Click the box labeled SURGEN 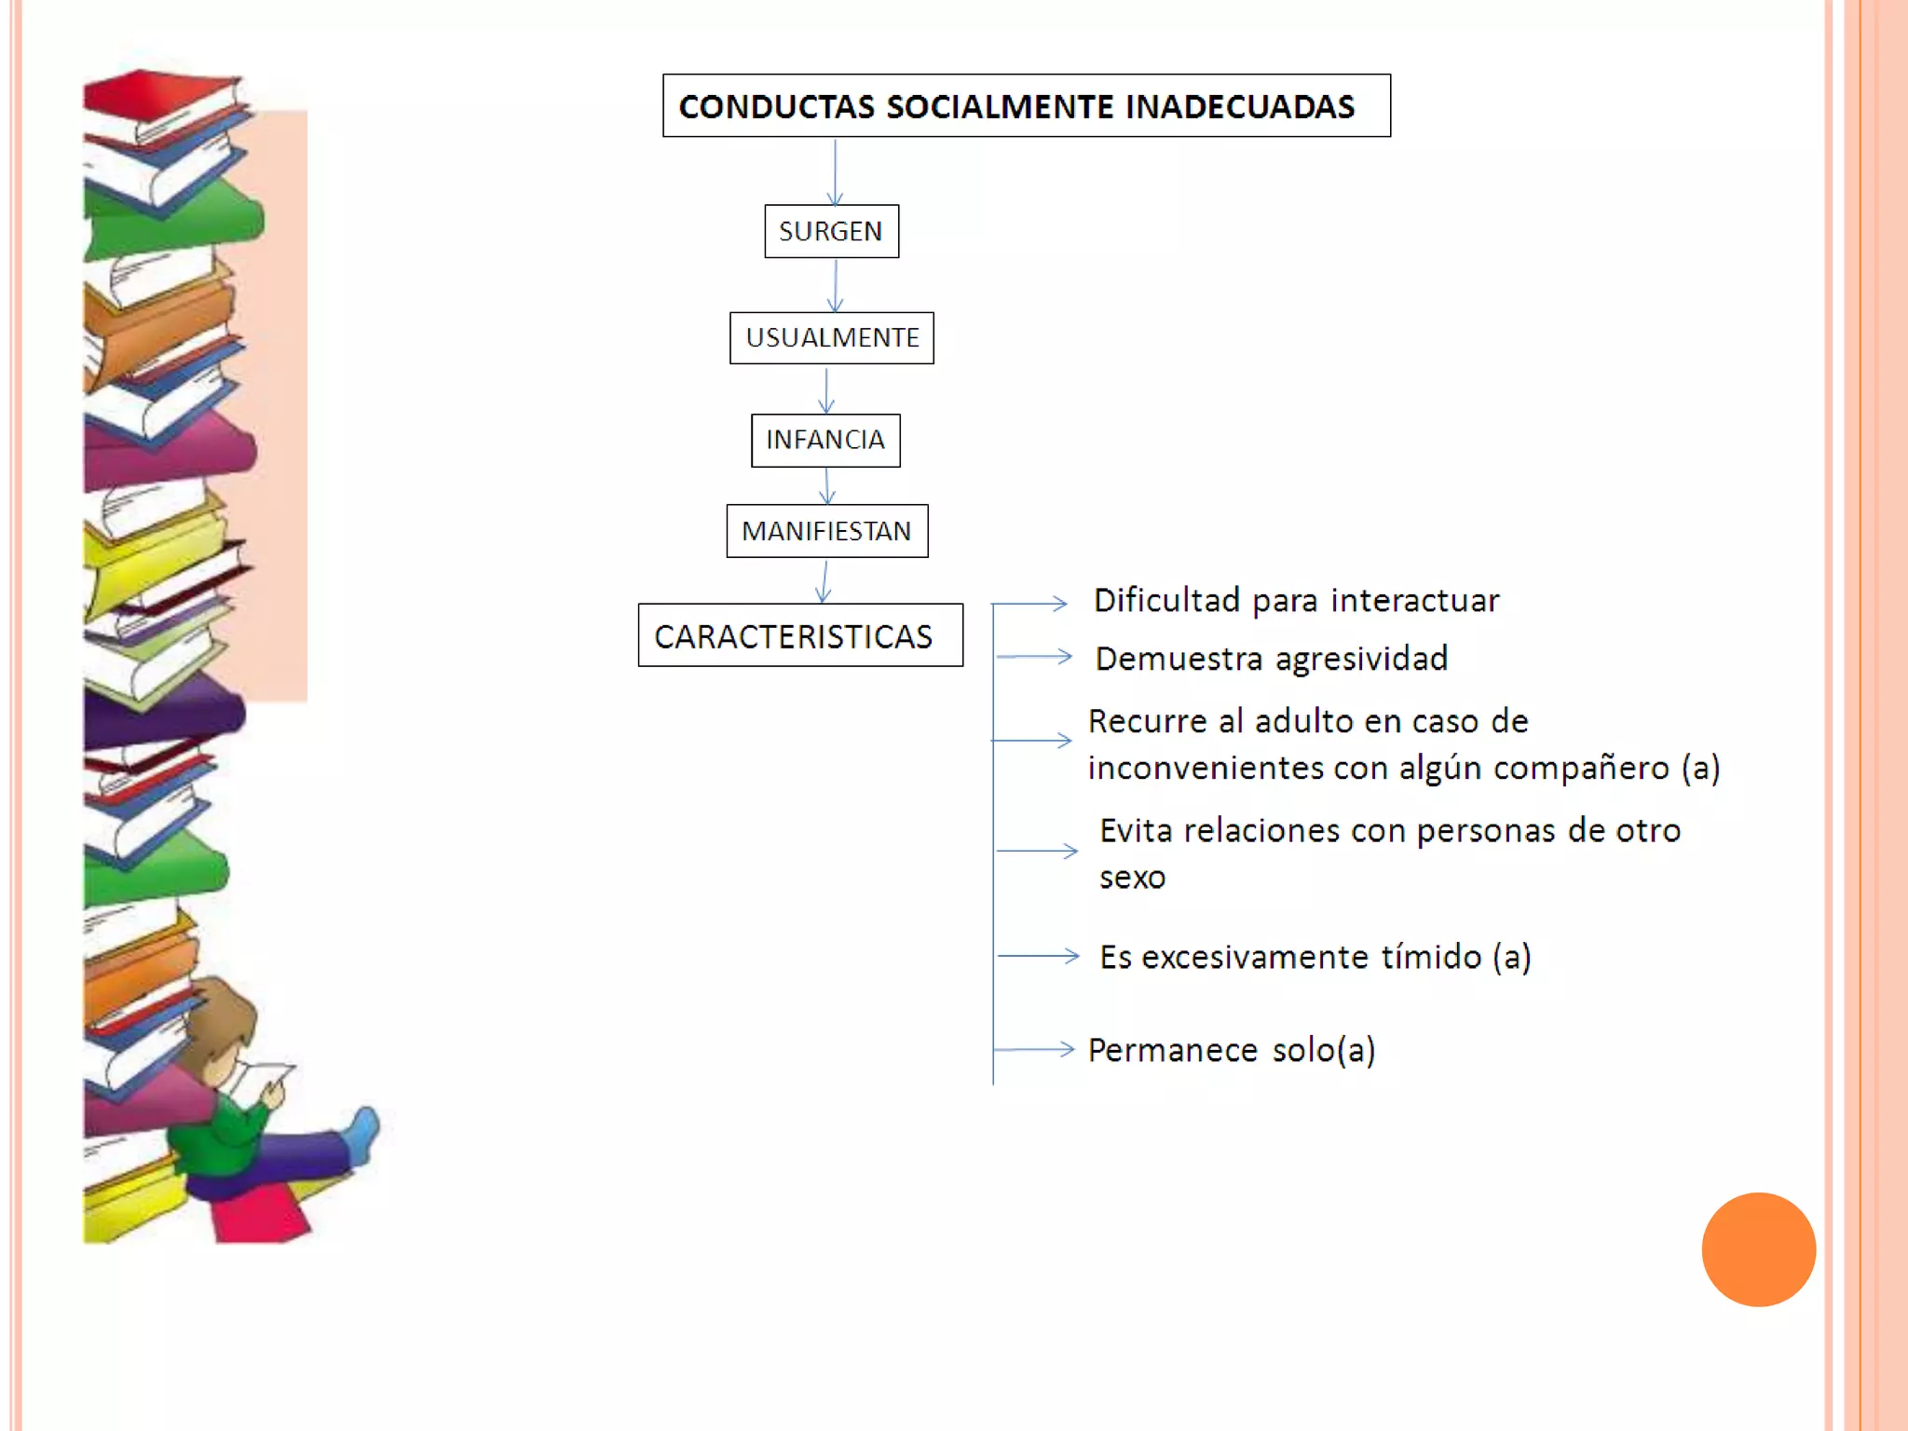[x=831, y=231]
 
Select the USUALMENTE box [x=831, y=337]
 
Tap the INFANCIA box [x=825, y=440]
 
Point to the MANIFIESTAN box [x=826, y=531]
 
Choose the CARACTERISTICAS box [x=799, y=635]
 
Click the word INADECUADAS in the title [x=1239, y=107]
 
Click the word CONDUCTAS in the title [x=776, y=107]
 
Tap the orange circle [x=1758, y=1248]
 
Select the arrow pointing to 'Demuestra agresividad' [x=1034, y=657]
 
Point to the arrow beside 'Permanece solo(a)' [x=1034, y=1049]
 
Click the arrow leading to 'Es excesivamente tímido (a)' [x=1038, y=955]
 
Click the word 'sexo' [x=1132, y=878]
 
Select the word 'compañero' [x=1581, y=769]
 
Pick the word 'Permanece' [x=1172, y=1050]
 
